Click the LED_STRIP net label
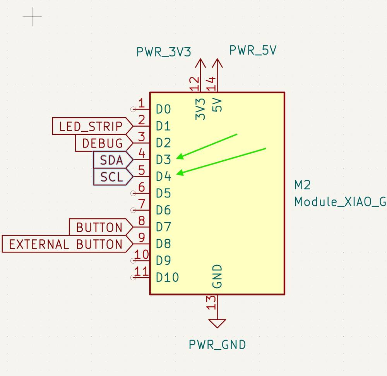pyautogui.click(x=92, y=126)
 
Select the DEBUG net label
pyautogui.click(x=104, y=143)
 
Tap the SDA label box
pyautogui.click(x=113, y=160)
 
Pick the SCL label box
pyautogui.click(x=113, y=177)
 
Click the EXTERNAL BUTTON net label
pyautogui.click(x=67, y=244)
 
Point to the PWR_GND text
pyautogui.click(x=217, y=345)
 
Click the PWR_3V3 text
pyautogui.click(x=164, y=52)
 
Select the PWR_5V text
pyautogui.click(x=253, y=50)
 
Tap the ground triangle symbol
pyautogui.click(x=217, y=323)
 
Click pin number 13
pyautogui.click(x=211, y=303)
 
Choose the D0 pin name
pyautogui.click(x=163, y=109)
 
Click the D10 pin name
pyautogui.click(x=167, y=278)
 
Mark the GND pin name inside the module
pyautogui.click(x=217, y=276)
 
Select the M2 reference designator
pyautogui.click(x=302, y=185)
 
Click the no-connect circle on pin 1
pyautogui.click(x=133, y=109)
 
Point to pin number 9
pyautogui.click(x=142, y=237)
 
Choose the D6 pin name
pyautogui.click(x=163, y=210)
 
